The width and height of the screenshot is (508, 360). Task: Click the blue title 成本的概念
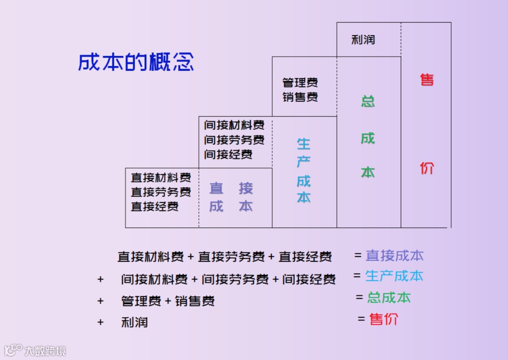pos(136,63)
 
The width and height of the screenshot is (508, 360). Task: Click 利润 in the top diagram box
pos(363,39)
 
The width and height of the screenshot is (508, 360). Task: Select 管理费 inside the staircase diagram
pos(300,83)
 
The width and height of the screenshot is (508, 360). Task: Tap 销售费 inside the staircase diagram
pos(300,97)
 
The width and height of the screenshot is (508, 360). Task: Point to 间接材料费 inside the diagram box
pos(234,125)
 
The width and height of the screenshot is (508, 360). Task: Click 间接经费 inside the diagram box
pos(228,154)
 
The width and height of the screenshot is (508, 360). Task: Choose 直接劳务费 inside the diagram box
pos(161,192)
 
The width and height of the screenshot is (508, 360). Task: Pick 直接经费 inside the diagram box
pos(155,206)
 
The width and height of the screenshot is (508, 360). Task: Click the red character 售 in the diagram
pos(427,79)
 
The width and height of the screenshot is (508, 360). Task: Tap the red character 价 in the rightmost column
pos(427,168)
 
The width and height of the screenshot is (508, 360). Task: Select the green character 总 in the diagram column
pos(368,101)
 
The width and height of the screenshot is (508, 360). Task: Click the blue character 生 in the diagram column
pos(303,144)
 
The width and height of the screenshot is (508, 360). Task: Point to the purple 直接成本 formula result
pos(395,256)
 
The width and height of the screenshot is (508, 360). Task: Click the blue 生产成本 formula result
pos(394,276)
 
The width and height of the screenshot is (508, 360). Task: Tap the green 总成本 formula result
pos(389,297)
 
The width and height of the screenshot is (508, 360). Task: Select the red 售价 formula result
pos(384,319)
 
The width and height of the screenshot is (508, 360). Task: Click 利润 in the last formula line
pos(135,322)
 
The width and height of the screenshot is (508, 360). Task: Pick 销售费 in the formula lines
pos(195,301)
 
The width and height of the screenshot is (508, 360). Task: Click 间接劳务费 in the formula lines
pos(228,280)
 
